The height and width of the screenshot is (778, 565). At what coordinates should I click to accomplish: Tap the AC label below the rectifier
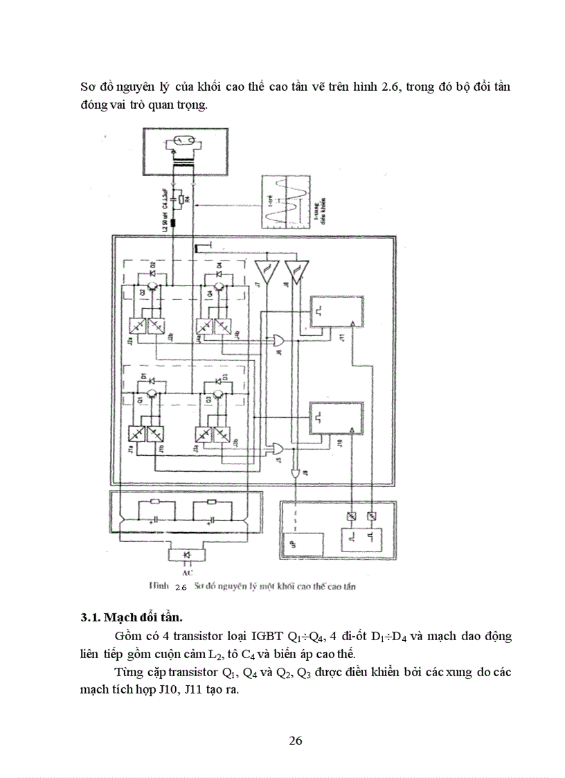(185, 574)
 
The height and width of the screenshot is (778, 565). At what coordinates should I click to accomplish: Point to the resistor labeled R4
(181, 201)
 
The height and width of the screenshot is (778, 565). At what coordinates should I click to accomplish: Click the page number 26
(296, 740)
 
